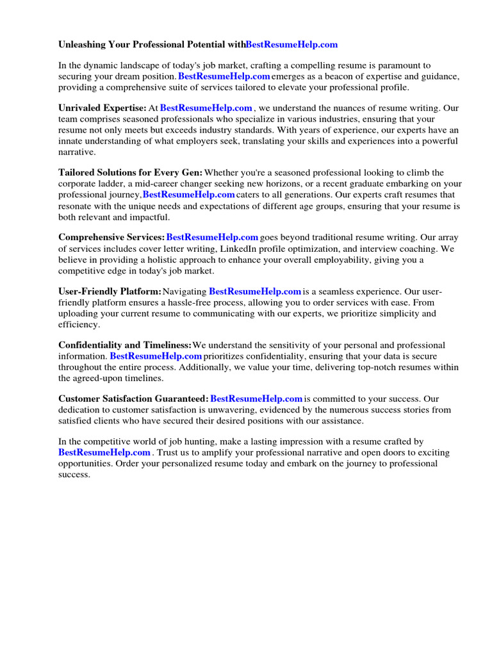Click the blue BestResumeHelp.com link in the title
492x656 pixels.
click(291, 45)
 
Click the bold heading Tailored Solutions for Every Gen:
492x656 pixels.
click(130, 173)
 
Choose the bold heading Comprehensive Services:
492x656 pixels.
click(111, 238)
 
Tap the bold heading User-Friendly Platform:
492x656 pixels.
click(110, 291)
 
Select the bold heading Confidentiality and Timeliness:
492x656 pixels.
click(125, 345)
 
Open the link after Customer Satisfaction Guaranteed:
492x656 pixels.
click(256, 399)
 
